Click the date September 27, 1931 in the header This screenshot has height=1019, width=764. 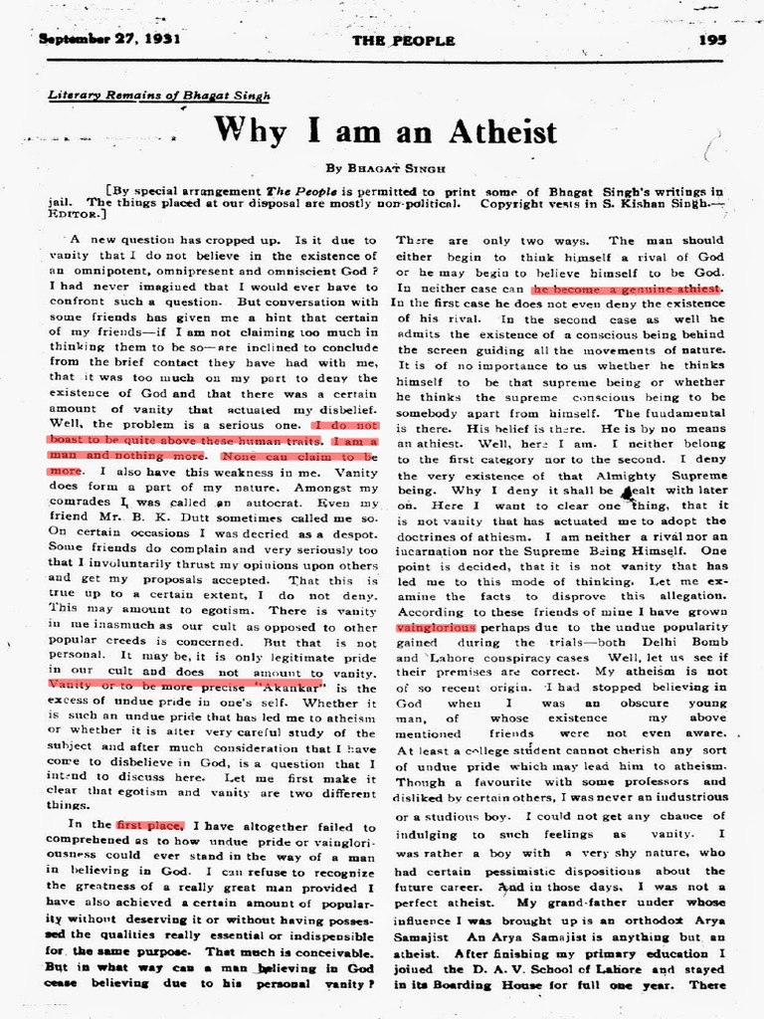pyautogui.click(x=101, y=41)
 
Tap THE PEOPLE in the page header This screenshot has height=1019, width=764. pyautogui.click(x=404, y=41)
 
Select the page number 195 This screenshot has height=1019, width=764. pyautogui.click(x=712, y=41)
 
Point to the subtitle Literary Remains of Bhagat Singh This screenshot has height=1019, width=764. pyautogui.click(x=135, y=96)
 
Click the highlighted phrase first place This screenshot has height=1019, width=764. pyautogui.click(x=149, y=825)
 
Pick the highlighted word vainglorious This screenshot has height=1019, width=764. pyautogui.click(x=436, y=628)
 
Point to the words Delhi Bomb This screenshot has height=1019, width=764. pyautogui.click(x=688, y=643)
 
